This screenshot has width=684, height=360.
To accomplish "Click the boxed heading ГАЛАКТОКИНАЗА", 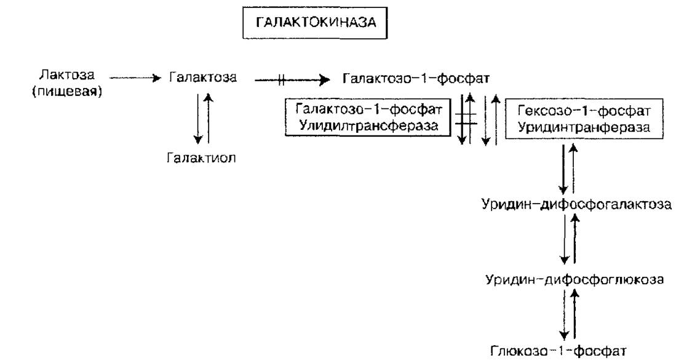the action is coord(316,22).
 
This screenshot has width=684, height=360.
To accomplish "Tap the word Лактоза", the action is coord(66,74).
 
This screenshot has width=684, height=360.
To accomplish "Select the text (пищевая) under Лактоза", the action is coord(67,91).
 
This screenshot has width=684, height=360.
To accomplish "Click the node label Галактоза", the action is coord(203,78).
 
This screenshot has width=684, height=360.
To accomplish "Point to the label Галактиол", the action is coord(201,158).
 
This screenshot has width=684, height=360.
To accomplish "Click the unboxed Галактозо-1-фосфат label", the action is coord(416,78).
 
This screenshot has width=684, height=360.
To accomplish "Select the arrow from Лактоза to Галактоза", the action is coord(135,78).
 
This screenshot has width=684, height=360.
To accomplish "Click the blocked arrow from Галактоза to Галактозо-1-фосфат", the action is coord(292,80).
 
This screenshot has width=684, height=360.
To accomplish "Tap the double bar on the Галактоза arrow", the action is coord(281,80).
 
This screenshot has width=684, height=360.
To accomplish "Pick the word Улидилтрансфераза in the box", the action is coord(368,126).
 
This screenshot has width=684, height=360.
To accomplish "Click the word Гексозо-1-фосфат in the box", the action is coord(584,111).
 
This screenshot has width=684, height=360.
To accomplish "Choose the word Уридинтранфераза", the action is coord(584,127).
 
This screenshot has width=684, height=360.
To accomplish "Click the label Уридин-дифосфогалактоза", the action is coord(576,204).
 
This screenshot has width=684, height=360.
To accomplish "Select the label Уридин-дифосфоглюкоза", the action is coord(575,279).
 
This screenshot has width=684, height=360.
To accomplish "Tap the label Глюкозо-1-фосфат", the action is coord(559,350).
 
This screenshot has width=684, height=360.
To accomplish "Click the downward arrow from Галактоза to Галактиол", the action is coord(198,118).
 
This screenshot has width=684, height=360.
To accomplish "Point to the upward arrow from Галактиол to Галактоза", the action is coord(209,118).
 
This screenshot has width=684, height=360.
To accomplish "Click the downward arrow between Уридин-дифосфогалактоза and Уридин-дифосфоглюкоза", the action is coord(565,239).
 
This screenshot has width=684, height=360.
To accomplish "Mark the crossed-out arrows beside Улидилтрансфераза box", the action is coord(466,118).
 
